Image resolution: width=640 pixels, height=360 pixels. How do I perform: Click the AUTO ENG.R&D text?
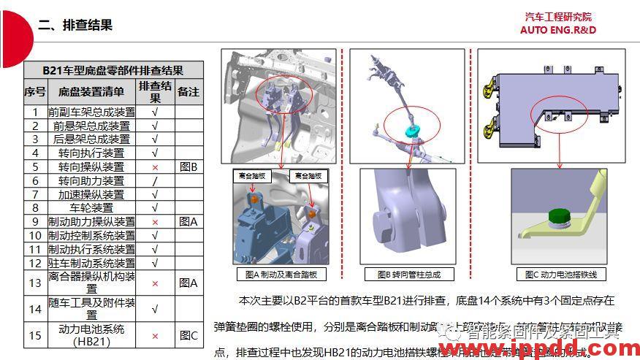[x=557, y=30]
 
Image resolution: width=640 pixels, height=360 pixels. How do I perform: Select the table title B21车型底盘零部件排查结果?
[x=113, y=71]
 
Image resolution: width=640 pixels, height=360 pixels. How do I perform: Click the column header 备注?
[x=188, y=92]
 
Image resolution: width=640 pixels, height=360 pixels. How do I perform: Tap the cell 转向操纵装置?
[x=91, y=166]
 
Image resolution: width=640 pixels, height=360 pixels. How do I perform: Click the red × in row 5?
[x=154, y=166]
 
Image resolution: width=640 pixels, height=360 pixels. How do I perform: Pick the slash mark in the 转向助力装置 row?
[x=154, y=180]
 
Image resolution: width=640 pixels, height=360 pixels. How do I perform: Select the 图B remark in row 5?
[x=188, y=166]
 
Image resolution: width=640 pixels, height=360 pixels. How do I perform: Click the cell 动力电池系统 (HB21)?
[x=91, y=335]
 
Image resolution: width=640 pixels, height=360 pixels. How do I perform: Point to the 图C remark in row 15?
[x=188, y=335]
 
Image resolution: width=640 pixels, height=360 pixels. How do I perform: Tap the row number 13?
[x=34, y=283]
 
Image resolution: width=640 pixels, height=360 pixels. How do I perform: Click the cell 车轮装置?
[x=91, y=207]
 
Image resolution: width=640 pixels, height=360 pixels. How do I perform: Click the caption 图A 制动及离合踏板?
[x=282, y=275]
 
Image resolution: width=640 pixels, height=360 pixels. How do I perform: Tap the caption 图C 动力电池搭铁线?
[x=560, y=274]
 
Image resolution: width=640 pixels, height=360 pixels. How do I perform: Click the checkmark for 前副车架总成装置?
[x=154, y=112]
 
